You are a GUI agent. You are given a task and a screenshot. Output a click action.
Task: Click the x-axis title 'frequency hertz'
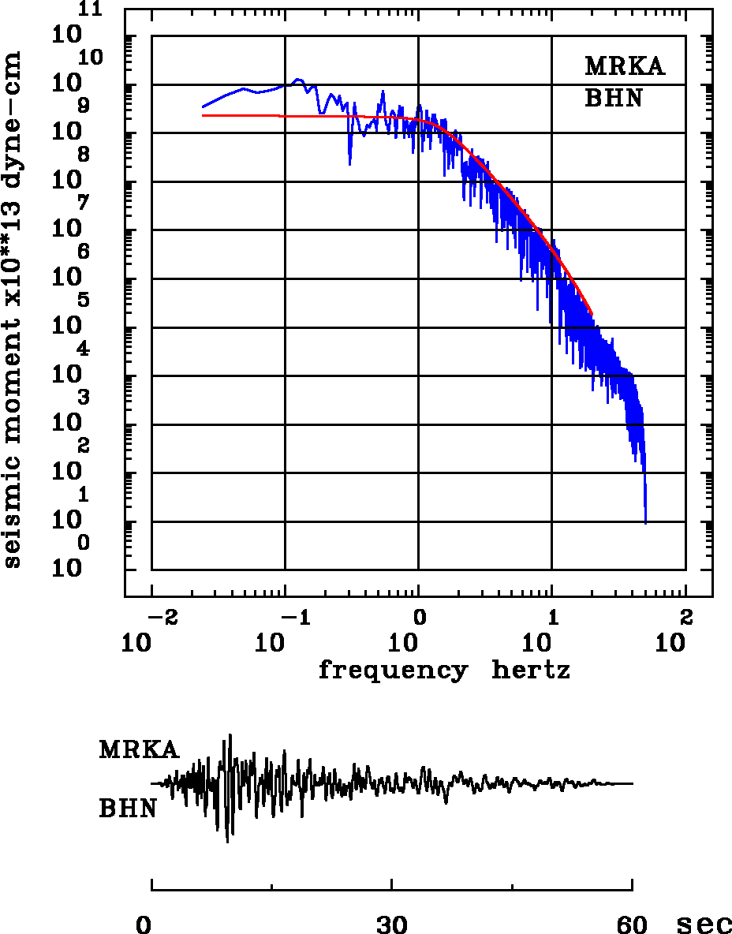pyautogui.click(x=444, y=671)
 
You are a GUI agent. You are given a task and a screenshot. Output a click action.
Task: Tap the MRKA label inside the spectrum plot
pyautogui.click(x=625, y=66)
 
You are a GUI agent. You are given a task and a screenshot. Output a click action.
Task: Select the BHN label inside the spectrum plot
pyautogui.click(x=614, y=99)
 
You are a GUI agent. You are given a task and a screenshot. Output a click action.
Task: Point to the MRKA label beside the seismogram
pyautogui.click(x=139, y=749)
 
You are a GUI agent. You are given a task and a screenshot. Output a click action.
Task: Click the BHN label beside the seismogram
pyautogui.click(x=127, y=809)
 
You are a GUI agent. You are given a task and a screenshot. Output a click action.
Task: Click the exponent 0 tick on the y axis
pyautogui.click(x=84, y=543)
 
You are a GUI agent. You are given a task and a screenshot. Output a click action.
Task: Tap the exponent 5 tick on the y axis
pyautogui.click(x=84, y=300)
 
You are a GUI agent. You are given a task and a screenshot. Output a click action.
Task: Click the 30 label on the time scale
pyautogui.click(x=392, y=925)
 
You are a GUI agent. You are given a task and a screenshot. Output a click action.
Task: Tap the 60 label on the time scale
pyautogui.click(x=632, y=925)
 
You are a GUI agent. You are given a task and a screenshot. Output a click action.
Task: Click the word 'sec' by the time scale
pyautogui.click(x=704, y=925)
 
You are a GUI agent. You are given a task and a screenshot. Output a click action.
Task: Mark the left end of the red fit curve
pyautogui.click(x=204, y=115)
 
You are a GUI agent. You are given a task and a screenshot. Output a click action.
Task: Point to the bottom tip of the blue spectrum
pyautogui.click(x=646, y=522)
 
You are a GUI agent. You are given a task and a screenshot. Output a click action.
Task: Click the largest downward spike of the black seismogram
pyautogui.click(x=228, y=842)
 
